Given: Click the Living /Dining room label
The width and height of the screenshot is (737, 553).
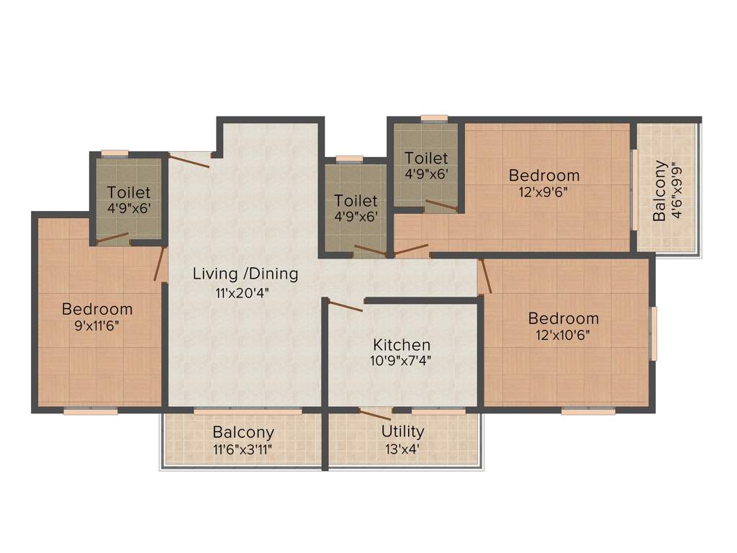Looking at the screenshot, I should click(245, 274).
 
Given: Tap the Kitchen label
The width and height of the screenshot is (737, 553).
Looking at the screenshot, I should click(402, 345).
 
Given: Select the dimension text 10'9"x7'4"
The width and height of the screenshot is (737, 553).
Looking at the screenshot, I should click(401, 361).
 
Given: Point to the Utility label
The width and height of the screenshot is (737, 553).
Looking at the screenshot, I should click(402, 431).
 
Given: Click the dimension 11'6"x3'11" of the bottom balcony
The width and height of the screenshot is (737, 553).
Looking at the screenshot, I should click(242, 450).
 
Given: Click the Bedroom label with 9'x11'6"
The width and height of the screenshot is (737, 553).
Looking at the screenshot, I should click(97, 309).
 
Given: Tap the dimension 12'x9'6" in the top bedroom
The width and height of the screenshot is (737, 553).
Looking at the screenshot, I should click(543, 192).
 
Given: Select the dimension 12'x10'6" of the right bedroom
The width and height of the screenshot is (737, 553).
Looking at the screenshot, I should click(563, 335).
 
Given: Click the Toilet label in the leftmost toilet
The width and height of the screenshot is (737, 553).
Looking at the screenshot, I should click(129, 192).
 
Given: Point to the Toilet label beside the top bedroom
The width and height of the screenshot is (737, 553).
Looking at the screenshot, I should click(426, 158).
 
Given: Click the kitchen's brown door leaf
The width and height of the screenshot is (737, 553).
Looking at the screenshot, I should click(345, 306).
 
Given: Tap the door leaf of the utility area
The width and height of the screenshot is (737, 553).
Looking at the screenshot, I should click(375, 415).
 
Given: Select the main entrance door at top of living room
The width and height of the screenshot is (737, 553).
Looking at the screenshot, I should click(189, 160).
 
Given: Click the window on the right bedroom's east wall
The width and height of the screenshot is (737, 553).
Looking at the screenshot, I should click(654, 333).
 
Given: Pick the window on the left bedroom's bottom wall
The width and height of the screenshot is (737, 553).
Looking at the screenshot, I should click(90, 412).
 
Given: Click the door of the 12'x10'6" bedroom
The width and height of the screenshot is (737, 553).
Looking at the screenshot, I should click(486, 276).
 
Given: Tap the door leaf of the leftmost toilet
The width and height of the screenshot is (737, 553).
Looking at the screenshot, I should click(112, 238).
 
